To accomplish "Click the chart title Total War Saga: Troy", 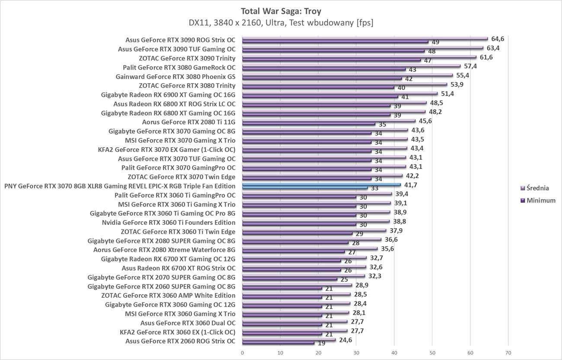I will tap(281, 11).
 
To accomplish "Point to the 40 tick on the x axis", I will tap(394, 353).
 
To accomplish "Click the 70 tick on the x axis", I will tap(508, 353).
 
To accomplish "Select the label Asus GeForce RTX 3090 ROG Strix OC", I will tap(180, 40).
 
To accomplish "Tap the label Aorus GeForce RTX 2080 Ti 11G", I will tap(188, 122).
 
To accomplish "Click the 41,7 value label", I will tap(411, 185).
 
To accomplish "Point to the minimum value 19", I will tap(322, 343).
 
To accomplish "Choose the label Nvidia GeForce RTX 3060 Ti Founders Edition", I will tap(169, 223).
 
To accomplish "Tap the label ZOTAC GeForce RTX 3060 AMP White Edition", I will tap(168, 296).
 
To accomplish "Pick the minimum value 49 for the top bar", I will tap(435, 42).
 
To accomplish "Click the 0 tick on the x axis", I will tap(242, 353).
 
